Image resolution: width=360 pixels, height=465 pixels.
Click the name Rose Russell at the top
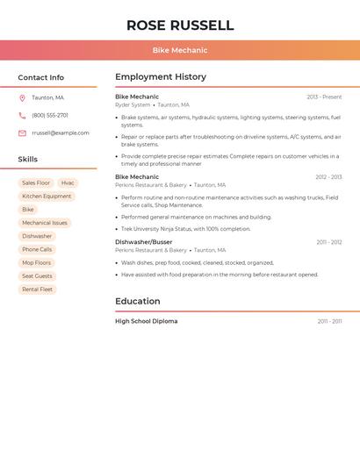coord(180,25)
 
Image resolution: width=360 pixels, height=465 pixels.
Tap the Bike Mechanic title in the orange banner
coord(180,51)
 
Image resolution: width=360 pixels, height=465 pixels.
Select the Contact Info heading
coord(40,77)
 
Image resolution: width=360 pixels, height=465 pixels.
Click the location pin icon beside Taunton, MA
coord(22,98)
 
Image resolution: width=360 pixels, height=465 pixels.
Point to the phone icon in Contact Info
coord(22,116)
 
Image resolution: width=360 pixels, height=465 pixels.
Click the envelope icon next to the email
coord(22,133)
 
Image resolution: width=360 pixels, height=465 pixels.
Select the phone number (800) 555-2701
coord(50,116)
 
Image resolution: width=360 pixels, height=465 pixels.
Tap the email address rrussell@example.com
coord(61,133)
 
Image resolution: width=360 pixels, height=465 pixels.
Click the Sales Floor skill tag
coord(36,183)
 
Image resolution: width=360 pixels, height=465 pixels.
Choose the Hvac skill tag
coord(68,183)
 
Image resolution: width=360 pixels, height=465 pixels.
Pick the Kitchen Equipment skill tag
coord(47,197)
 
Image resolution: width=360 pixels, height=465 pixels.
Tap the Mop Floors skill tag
coord(37,263)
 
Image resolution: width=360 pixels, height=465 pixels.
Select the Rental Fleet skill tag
coord(38,290)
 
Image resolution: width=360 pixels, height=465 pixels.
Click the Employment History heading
coord(161,77)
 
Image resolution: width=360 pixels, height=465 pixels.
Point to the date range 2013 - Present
coord(324,97)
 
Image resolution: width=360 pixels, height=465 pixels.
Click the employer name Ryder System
coord(133,104)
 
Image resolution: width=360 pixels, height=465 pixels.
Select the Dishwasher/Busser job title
coord(143,242)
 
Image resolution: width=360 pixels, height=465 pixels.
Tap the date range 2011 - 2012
coord(329,242)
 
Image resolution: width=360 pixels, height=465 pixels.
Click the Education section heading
coord(137,302)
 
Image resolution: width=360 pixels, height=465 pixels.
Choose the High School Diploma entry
coord(146,321)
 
